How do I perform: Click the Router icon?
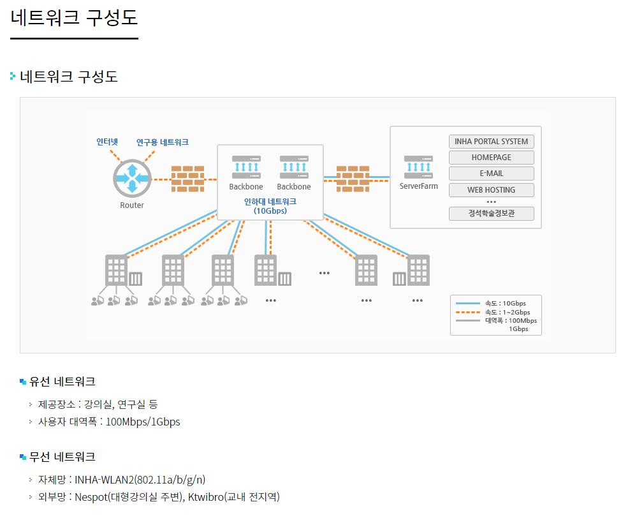[x=132, y=178]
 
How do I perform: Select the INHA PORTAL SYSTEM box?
[x=491, y=142]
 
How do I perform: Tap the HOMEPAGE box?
[x=491, y=158]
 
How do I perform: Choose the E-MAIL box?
[x=491, y=174]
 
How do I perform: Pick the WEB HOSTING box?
[x=491, y=190]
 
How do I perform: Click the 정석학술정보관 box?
[x=491, y=214]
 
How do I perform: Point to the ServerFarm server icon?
[x=418, y=167]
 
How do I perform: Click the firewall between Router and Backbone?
[x=187, y=179]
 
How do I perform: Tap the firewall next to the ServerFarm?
[x=353, y=179]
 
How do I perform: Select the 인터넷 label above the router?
[x=107, y=142]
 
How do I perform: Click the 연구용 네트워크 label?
[x=162, y=142]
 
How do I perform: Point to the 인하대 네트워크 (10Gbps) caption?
[x=270, y=205]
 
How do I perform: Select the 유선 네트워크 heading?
[x=62, y=382]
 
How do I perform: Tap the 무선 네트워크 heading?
[x=62, y=457]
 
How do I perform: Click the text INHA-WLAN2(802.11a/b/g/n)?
[x=140, y=480]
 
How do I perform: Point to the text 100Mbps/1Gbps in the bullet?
[x=143, y=422]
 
